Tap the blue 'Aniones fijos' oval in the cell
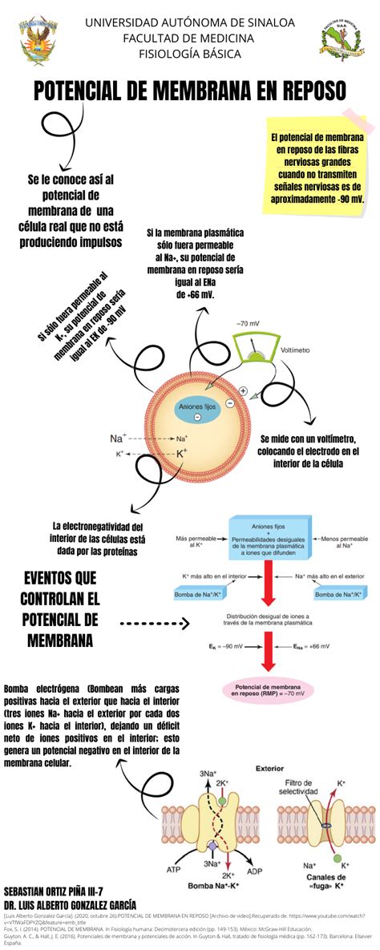(197, 407)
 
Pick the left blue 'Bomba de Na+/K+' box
(200, 594)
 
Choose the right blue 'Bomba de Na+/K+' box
(339, 594)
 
